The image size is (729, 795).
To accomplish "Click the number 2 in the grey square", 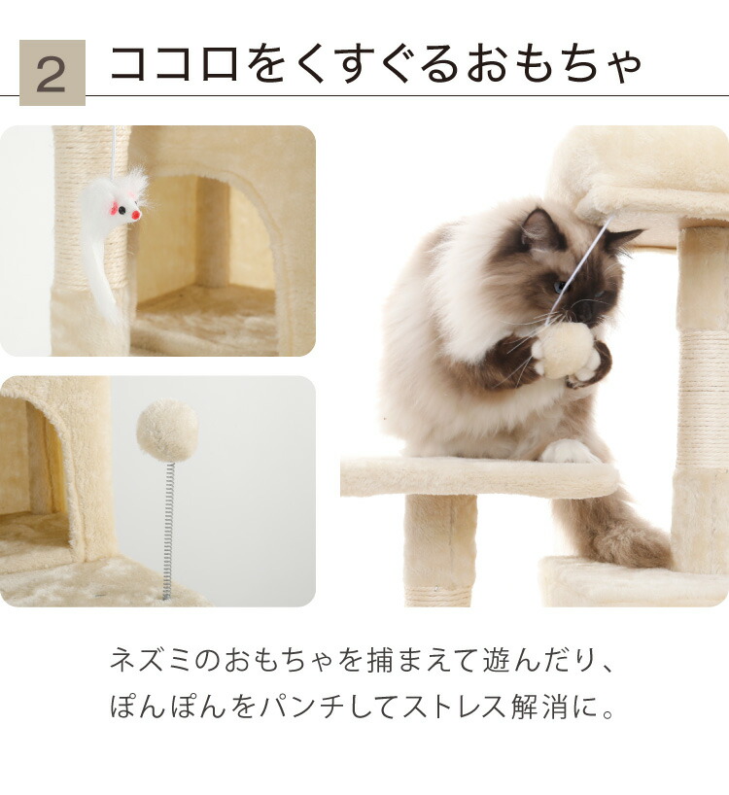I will tap(52, 73).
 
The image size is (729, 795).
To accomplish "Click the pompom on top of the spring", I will tap(167, 431).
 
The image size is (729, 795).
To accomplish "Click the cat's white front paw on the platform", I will tap(569, 452).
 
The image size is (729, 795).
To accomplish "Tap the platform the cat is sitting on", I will tap(476, 477).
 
